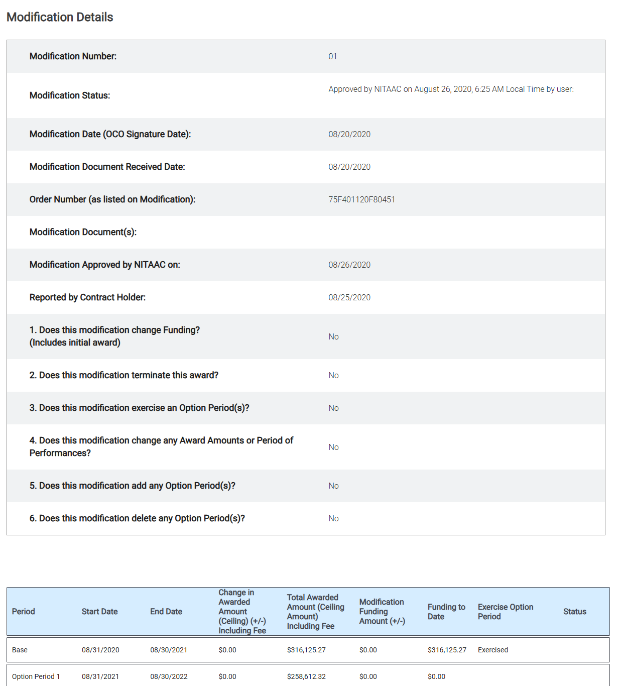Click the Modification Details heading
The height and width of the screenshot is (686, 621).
click(60, 17)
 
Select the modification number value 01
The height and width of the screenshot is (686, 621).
click(332, 56)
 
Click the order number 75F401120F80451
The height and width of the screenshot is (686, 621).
click(361, 199)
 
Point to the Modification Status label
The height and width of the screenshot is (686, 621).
click(70, 95)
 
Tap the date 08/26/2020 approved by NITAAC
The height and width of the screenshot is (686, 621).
click(349, 265)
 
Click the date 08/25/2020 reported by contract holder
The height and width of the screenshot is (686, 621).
click(349, 297)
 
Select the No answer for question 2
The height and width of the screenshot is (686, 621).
click(333, 375)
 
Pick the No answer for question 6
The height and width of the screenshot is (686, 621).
click(333, 518)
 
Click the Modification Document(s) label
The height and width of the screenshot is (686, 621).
click(83, 232)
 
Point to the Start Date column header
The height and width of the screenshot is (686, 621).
click(99, 611)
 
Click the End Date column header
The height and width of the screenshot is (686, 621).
click(166, 611)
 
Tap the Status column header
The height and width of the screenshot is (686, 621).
click(574, 611)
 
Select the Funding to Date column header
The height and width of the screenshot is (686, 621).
click(446, 611)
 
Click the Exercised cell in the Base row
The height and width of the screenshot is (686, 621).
click(492, 650)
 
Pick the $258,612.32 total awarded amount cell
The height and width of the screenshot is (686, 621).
click(306, 676)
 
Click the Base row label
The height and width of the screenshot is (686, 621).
click(20, 650)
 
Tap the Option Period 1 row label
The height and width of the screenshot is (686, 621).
click(36, 676)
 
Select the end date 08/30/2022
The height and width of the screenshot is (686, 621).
click(169, 676)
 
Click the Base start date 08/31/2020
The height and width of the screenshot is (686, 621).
click(100, 650)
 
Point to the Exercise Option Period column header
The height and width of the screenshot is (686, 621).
click(505, 611)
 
